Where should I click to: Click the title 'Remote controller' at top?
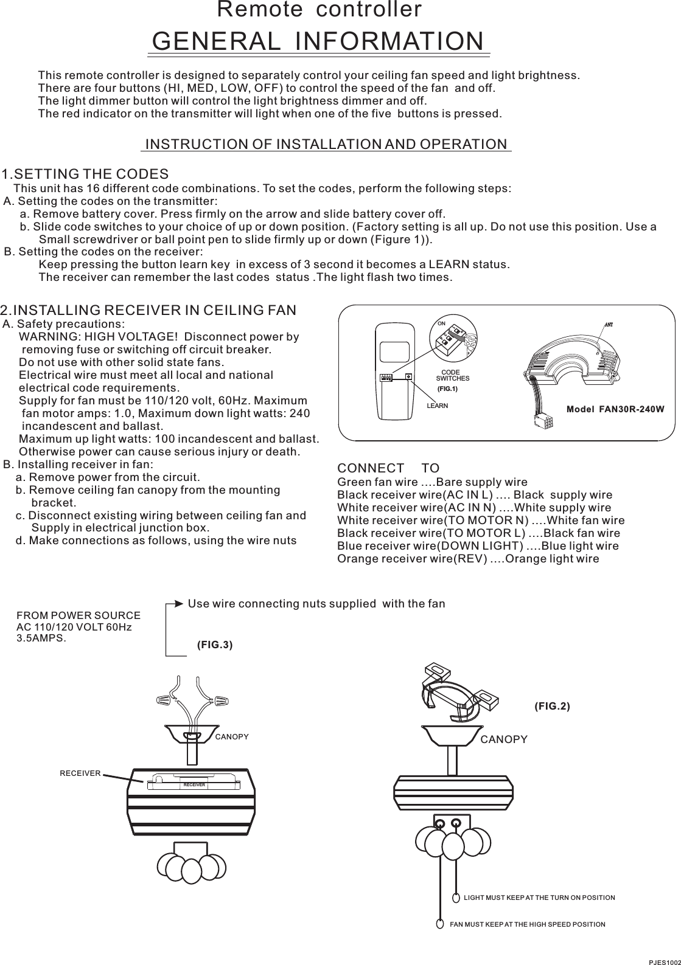pos(320,10)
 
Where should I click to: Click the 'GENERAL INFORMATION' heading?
pos(320,41)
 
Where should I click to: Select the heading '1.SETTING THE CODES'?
pos(85,174)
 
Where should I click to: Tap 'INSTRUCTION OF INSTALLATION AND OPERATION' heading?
pos(326,144)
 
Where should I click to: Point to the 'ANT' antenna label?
pos(606,323)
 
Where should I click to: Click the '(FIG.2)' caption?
pos(552,706)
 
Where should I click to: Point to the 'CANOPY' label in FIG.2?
pos(504,739)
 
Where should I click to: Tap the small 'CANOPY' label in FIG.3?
pos(232,737)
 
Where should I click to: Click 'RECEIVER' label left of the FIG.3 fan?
pos(80,772)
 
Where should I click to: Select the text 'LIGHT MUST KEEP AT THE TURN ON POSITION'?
pos(539,898)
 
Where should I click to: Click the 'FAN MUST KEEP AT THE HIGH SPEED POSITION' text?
pos(527,924)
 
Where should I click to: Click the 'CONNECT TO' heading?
pos(388,468)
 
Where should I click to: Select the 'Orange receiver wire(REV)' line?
pos(411,559)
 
